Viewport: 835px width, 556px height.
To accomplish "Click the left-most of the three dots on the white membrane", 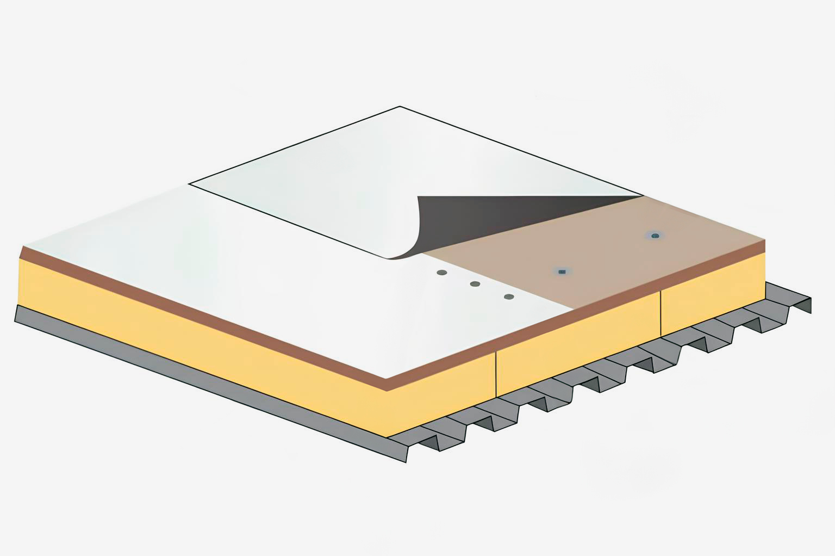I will coord(441,272).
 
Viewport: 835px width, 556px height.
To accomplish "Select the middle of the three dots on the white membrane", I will coord(475,284).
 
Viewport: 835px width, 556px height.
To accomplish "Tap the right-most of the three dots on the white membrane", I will coord(509,297).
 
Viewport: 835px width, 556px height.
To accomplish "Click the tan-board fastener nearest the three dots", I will coord(562,270).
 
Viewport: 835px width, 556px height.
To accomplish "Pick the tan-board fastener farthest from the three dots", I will coord(655,236).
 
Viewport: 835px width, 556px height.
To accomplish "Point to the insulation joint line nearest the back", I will coord(661,314).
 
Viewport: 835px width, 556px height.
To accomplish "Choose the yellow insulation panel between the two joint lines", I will coord(576,348).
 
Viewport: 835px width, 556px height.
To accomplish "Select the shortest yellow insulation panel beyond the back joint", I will coord(712,294).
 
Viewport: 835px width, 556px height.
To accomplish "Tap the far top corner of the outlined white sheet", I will coord(400,107).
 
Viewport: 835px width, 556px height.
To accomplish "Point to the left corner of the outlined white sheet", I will coord(189,184).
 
